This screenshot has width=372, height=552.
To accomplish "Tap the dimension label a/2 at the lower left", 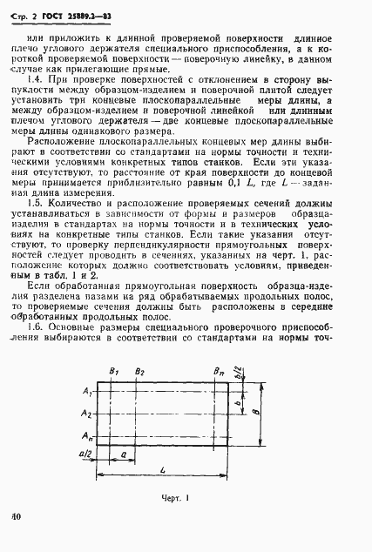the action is click(85, 454).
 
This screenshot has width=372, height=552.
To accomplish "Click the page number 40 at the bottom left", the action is click(16, 539).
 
